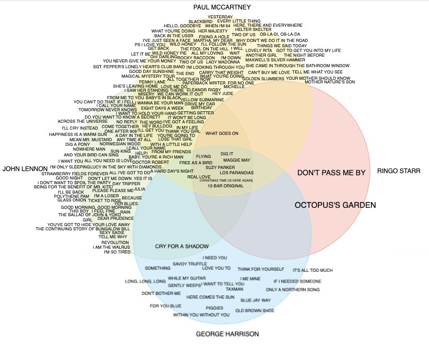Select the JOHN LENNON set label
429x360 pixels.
tap(25, 169)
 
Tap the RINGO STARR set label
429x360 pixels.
tap(399, 171)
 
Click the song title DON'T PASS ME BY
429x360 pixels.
tap(331, 173)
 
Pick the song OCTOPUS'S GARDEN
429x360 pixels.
tap(335, 205)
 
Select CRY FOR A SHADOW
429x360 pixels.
tap(182, 246)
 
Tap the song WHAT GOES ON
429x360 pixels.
tap(222, 133)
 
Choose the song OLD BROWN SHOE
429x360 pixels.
tap(255, 311)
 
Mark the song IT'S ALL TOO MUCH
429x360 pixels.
tap(313, 270)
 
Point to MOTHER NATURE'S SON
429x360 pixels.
tap(330, 82)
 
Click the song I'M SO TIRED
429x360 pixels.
tap(117, 252)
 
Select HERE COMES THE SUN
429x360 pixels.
tap(210, 297)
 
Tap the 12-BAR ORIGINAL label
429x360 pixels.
tap(226, 186)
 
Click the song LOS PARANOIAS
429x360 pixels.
tap(236, 173)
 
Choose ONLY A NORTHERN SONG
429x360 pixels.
tap(292, 290)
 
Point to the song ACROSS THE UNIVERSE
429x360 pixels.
tap(82, 121)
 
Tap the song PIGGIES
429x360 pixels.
tap(214, 308)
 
